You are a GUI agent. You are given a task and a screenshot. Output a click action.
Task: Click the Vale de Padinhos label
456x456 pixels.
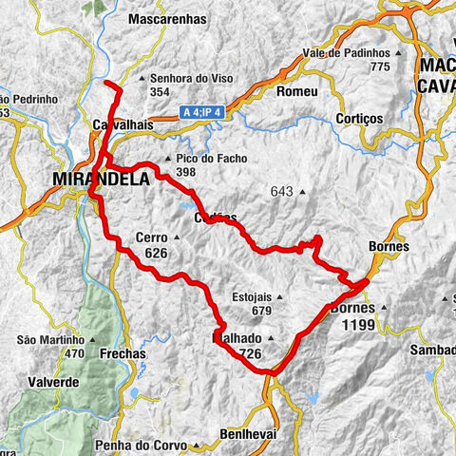click(347, 52)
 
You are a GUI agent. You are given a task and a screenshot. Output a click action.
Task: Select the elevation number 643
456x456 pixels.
click(282, 192)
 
